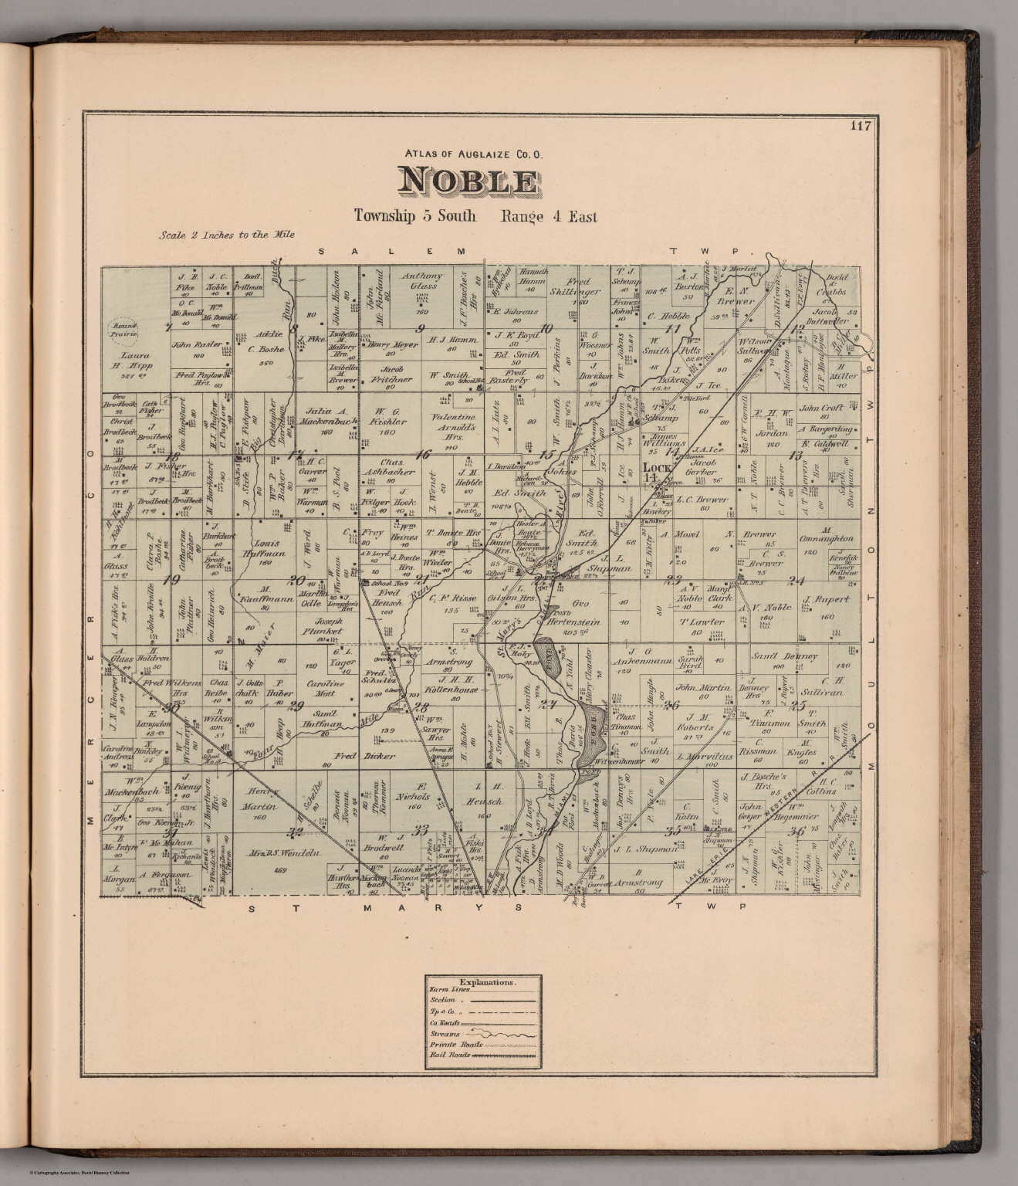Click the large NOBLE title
(468, 181)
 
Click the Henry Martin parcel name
(260, 798)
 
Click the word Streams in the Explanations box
(445, 1034)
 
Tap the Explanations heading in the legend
(483, 983)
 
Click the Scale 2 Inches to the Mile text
(226, 235)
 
